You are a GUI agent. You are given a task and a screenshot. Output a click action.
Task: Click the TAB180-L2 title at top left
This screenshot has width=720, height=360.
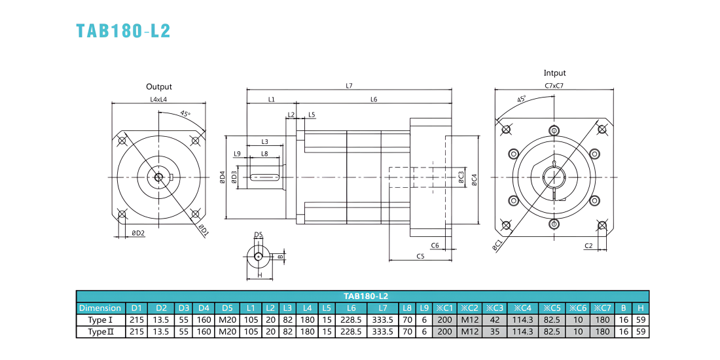[124, 30]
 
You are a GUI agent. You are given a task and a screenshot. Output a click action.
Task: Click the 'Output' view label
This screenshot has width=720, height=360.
[159, 86]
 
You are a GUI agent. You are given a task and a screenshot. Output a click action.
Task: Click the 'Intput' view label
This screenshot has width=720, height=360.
[554, 73]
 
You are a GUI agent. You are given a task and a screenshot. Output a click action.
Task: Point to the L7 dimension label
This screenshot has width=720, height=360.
[348, 85]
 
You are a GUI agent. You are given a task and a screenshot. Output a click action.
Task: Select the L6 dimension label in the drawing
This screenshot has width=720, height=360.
[374, 99]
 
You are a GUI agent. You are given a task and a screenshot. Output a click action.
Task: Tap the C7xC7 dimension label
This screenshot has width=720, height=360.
[554, 85]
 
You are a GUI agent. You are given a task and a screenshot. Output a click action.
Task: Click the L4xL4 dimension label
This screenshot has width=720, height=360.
[158, 99]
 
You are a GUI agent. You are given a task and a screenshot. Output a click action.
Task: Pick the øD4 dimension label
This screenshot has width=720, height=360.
[223, 177]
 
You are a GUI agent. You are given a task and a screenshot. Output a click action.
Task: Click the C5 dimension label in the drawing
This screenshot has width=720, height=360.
[420, 256]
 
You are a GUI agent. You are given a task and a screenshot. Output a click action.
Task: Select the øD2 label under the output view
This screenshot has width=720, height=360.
[138, 233]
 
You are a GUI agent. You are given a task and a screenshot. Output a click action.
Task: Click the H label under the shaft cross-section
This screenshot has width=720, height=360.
[259, 276]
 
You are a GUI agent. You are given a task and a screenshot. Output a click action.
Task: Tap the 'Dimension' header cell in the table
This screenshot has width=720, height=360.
[100, 308]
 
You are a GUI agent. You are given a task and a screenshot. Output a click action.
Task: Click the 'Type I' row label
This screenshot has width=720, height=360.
[100, 319]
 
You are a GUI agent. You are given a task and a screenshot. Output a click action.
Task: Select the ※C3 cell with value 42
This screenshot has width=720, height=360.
[495, 319]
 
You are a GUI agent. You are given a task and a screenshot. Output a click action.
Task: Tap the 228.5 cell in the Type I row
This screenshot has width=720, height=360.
[351, 319]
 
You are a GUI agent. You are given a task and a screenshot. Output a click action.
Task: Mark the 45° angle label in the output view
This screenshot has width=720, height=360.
[185, 115]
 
